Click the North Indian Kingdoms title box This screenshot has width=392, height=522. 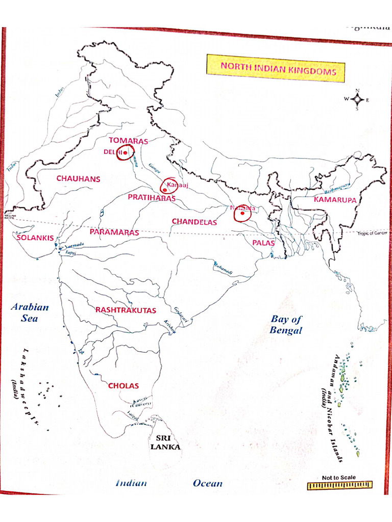click(276, 69)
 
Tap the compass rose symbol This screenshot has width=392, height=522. click(357, 99)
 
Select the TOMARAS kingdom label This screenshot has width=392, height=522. click(128, 141)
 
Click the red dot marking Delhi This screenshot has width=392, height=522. click(125, 152)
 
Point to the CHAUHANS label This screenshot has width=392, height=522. click(78, 179)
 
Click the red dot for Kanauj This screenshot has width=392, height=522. click(164, 189)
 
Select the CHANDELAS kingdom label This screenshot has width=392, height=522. click(194, 222)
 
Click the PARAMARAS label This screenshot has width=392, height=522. click(114, 232)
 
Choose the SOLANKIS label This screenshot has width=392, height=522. click(35, 238)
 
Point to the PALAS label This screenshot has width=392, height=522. click(263, 243)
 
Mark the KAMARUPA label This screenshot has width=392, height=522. click(335, 199)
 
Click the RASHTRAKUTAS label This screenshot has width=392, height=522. click(126, 310)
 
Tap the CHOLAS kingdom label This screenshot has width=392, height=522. click(124, 386)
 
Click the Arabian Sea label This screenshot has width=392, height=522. click(30, 312)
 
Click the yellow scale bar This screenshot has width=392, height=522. click(339, 486)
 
